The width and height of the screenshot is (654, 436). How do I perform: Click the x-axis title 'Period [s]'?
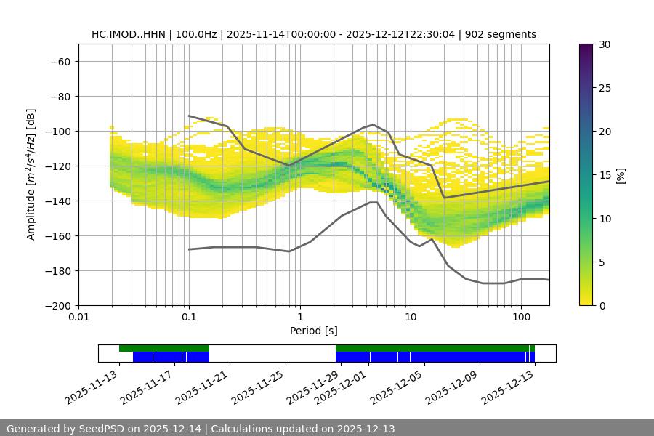(x=313, y=331)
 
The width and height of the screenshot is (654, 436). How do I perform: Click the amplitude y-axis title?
(x=31, y=174)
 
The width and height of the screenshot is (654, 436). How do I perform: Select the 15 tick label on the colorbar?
(x=604, y=175)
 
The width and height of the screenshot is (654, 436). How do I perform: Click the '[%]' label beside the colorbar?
(x=621, y=175)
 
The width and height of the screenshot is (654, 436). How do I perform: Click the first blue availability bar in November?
(x=171, y=357)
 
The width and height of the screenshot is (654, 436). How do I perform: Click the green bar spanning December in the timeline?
(x=435, y=348)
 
